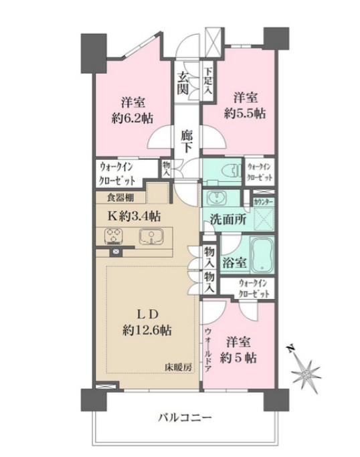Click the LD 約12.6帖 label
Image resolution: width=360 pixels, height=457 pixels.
tap(147, 322)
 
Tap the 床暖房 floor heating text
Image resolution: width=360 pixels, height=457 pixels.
tap(179, 366)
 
